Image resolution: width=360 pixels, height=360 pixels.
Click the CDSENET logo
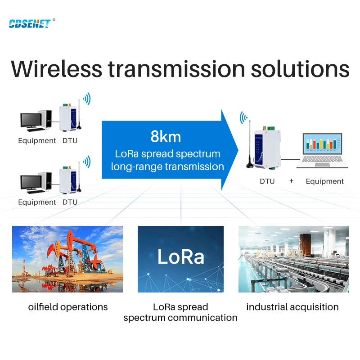30,23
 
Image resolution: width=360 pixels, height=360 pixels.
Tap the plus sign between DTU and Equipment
291,181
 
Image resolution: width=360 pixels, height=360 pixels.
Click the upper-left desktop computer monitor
31,120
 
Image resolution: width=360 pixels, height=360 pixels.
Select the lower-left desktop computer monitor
31,183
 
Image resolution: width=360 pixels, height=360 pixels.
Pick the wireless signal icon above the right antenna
243,118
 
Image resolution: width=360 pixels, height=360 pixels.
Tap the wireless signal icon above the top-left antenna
85,99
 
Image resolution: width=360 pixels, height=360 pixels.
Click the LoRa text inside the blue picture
180,256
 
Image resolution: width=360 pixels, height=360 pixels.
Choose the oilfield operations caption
68,307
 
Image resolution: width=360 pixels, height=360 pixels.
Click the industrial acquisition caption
292,307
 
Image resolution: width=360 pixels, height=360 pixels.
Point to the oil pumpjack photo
67,259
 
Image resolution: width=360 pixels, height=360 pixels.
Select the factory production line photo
293,259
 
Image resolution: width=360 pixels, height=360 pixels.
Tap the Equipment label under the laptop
324,181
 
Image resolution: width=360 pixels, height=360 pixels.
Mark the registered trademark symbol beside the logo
54,20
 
